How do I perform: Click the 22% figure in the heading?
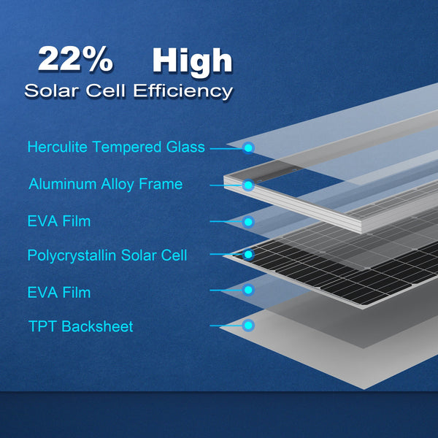click(x=74, y=60)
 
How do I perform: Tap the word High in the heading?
click(x=192, y=61)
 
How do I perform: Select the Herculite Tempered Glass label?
click(x=116, y=147)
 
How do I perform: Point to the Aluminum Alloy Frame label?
click(x=105, y=184)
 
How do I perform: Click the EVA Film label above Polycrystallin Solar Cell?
click(x=59, y=220)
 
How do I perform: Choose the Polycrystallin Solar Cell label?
click(x=107, y=255)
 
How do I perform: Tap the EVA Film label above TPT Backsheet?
click(x=59, y=293)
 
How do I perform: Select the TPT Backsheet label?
click(x=80, y=326)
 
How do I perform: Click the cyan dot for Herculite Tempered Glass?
click(x=248, y=148)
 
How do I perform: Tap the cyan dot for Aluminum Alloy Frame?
click(x=248, y=185)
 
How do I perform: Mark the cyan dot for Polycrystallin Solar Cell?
click(x=248, y=255)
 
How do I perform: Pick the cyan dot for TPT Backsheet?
click(x=248, y=326)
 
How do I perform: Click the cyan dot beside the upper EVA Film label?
click(x=248, y=221)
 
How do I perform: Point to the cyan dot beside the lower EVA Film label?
click(x=248, y=290)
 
